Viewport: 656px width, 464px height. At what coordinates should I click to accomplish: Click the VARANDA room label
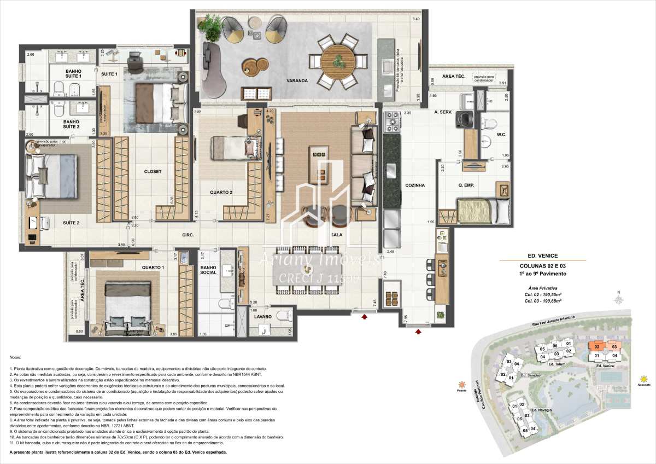point(296,81)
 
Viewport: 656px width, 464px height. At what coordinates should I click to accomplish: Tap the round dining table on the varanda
point(338,59)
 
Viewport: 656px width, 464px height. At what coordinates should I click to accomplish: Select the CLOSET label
point(153,171)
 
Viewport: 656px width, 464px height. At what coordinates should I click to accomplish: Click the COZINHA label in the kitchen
point(415,185)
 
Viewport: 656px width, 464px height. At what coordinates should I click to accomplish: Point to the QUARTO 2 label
point(221,193)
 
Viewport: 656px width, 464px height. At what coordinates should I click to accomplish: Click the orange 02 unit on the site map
point(597,346)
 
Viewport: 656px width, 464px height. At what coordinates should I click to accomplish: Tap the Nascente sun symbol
point(645,378)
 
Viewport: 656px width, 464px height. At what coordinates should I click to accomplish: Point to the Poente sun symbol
point(463,384)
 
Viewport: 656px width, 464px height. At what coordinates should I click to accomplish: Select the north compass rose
point(618,300)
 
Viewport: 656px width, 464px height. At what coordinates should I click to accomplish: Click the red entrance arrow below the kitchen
point(418,330)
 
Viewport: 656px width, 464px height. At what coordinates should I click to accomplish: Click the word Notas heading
point(16,356)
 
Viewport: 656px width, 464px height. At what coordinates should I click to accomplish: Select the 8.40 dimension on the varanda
point(415,19)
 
